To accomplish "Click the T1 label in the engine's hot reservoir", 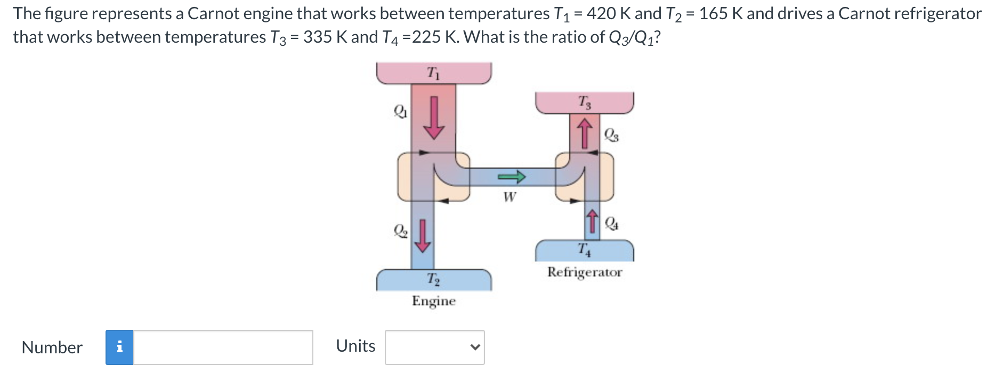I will (x=434, y=74).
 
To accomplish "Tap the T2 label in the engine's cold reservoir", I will (x=433, y=279).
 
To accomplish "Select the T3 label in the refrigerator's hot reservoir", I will (x=584, y=101).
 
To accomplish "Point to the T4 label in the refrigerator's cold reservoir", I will (x=584, y=249).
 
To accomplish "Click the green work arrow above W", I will (x=512, y=176).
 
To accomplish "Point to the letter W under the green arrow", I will (x=509, y=197).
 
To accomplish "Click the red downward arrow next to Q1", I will (x=434, y=117).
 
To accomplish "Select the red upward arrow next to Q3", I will (x=585, y=133).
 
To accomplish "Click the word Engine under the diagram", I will (x=434, y=301).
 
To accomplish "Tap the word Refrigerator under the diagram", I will (x=585, y=272).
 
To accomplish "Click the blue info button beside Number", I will (x=119, y=347).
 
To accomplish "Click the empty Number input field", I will (x=223, y=347).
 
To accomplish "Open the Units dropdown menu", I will (x=434, y=347).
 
